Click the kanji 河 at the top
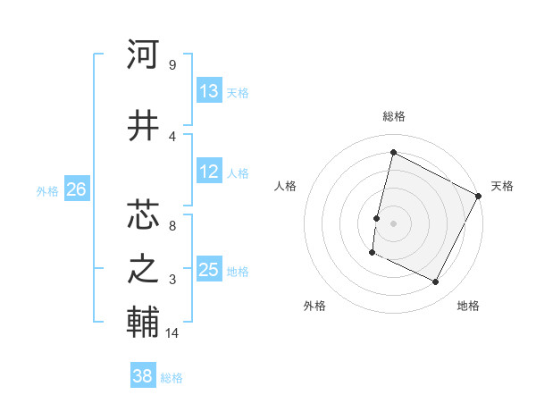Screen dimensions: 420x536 (143, 56)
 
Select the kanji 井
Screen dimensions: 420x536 (143, 126)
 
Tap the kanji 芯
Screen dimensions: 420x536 (143, 214)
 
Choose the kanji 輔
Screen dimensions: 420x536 (143, 323)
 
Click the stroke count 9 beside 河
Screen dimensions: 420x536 (172, 65)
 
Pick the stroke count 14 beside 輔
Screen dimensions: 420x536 (173, 333)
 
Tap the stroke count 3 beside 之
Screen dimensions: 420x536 (172, 280)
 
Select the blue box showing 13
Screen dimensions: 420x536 (208, 91)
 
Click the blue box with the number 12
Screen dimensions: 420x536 (208, 172)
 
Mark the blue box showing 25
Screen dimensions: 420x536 (208, 270)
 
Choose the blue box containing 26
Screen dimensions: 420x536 (76, 189)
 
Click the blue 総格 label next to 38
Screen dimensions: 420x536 (172, 378)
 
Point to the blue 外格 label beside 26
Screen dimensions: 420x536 (47, 190)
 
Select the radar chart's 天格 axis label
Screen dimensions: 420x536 (502, 186)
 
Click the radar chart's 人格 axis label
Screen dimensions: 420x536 (285, 186)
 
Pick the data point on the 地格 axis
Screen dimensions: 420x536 (435, 282)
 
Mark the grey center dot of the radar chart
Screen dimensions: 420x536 (393, 223)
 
